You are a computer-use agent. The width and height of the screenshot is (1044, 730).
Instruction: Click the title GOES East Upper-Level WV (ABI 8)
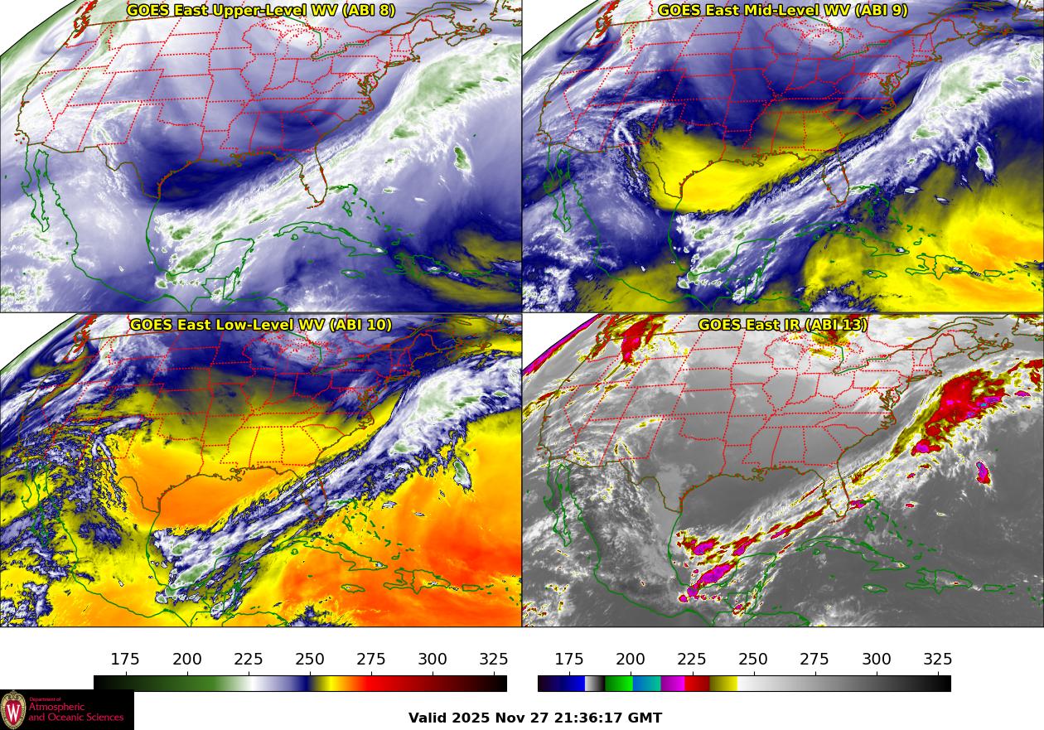point(261,11)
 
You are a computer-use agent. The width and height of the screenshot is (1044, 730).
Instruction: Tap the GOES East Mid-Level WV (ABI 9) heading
point(783,11)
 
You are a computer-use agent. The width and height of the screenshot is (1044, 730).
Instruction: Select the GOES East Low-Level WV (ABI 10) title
point(261,325)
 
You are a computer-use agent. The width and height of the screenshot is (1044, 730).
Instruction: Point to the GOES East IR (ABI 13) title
point(783,325)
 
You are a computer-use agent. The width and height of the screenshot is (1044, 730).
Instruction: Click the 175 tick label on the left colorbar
point(125,660)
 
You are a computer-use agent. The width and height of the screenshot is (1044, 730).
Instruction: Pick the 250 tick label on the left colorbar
point(310,660)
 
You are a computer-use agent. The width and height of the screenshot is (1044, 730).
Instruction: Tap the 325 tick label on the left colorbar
point(494,660)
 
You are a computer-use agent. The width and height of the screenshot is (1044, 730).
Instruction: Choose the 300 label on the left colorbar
point(433,660)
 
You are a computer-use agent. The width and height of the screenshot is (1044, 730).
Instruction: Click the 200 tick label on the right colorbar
point(631,660)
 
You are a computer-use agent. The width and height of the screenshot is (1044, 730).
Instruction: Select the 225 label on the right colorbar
point(692,660)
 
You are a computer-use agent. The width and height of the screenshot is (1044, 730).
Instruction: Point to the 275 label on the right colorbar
point(814,660)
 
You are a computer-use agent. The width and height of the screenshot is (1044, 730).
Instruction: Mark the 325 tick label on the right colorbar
point(937,660)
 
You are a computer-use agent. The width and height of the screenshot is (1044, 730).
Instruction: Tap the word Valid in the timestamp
point(428,718)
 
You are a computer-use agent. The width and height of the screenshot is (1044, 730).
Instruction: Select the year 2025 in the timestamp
point(472,718)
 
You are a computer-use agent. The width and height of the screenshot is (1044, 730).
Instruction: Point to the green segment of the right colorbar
point(618,684)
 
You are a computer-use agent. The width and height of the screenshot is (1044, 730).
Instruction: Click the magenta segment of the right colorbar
point(672,684)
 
